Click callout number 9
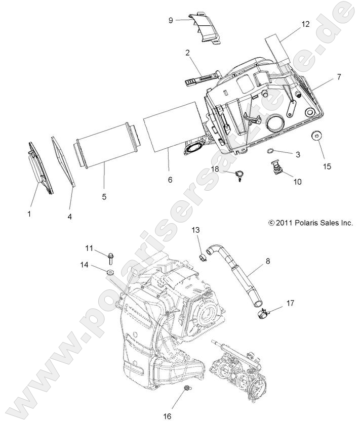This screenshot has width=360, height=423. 171,20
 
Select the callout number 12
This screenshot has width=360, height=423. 305,24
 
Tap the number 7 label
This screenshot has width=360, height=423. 338,77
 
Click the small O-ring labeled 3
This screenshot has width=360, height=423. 272,151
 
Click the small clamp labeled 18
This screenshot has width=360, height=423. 238,175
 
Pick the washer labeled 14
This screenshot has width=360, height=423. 109,274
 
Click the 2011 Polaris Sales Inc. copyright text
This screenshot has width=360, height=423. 310,223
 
